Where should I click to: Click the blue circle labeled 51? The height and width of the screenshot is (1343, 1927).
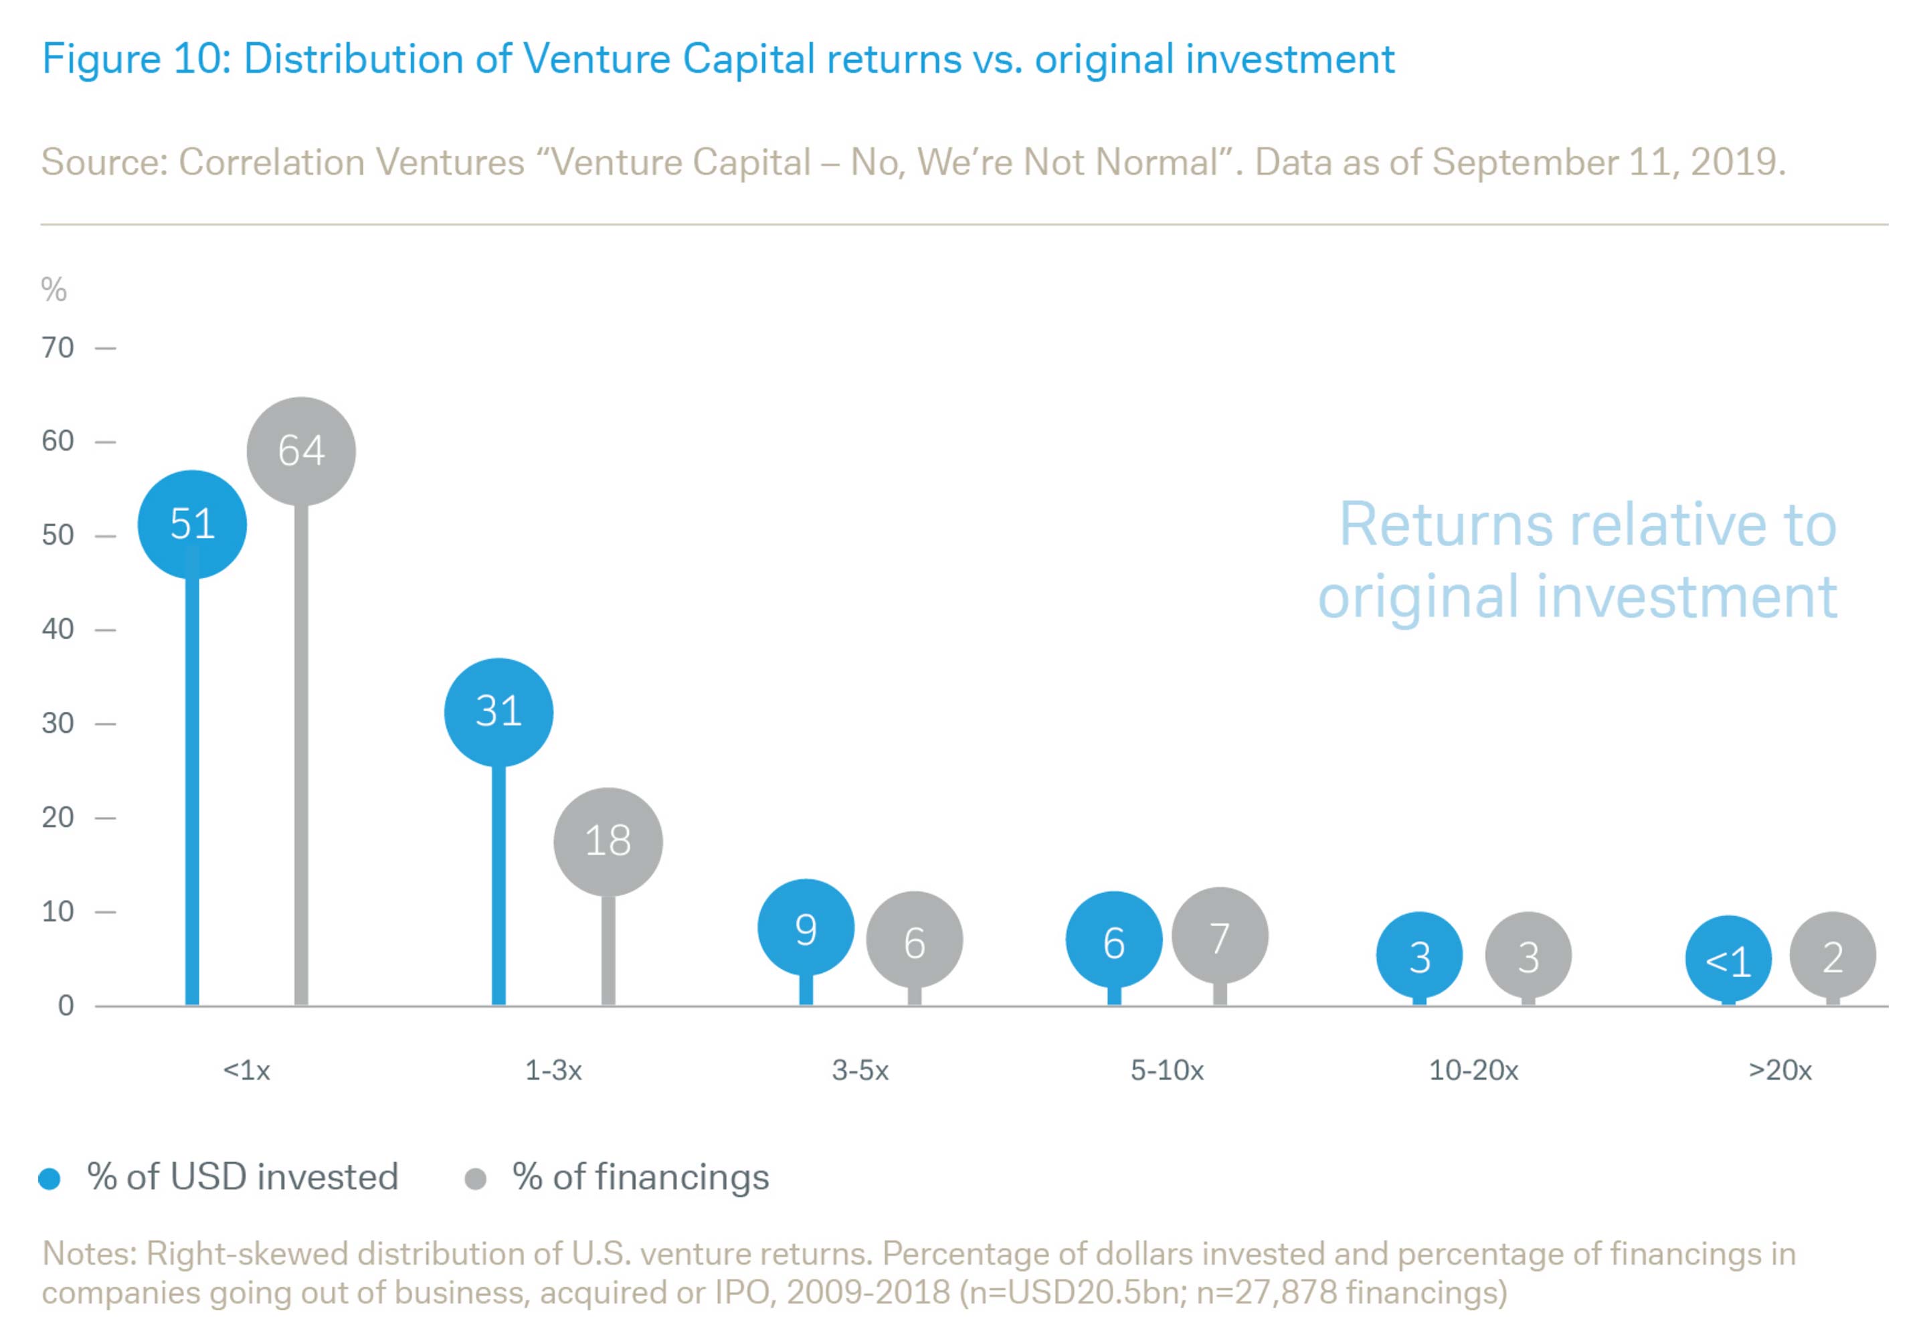tap(192, 525)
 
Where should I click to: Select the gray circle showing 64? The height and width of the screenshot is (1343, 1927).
tap(301, 452)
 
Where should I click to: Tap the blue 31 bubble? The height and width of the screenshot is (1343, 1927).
tap(498, 712)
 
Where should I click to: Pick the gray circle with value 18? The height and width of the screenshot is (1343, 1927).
tap(608, 841)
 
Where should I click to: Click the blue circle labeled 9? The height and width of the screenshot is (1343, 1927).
tap(806, 928)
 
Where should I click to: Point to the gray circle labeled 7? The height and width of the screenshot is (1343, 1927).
tap(1220, 936)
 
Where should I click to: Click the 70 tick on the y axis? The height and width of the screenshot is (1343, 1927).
tap(58, 347)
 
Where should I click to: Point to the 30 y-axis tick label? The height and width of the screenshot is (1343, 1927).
tap(58, 723)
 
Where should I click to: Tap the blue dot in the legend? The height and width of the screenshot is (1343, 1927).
tap(50, 1179)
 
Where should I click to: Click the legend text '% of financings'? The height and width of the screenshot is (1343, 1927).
tap(640, 1177)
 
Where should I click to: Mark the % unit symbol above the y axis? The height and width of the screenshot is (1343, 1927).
tap(54, 290)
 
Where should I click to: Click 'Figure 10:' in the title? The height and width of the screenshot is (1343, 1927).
tap(136, 60)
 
